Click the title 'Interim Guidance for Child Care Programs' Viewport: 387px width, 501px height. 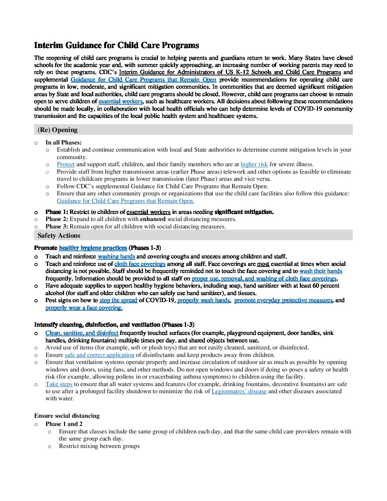pyautogui.click(x=116, y=46)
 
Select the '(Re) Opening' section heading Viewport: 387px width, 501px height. pyautogui.click(x=57, y=130)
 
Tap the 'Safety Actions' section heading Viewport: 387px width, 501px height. pyautogui.click(x=59, y=236)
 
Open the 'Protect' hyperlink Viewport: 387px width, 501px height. pyautogui.click(x=65, y=164)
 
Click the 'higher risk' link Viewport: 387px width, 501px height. pyautogui.click(x=254, y=164)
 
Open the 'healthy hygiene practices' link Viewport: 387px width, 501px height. pyautogui.click(x=93, y=248)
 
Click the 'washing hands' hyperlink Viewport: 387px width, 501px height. pyautogui.click(x=116, y=257)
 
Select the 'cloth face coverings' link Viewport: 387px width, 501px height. pyautogui.click(x=140, y=264)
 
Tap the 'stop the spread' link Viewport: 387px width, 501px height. pyautogui.click(x=118, y=300)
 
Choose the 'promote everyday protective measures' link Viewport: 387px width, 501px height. pyautogui.click(x=283, y=300)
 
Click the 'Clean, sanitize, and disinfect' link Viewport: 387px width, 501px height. pyautogui.click(x=82, y=333)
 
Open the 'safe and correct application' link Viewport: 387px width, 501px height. pyautogui.click(x=99, y=355)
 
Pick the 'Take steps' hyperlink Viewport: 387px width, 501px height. pyautogui.click(x=59, y=384)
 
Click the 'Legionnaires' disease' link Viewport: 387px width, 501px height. pyautogui.click(x=239, y=391)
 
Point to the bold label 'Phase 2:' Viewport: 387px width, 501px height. pyautogui.click(x=57, y=219)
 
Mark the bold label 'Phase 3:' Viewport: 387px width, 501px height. pyautogui.click(x=57, y=227)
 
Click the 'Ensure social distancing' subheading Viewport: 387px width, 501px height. pyautogui.click(x=67, y=416)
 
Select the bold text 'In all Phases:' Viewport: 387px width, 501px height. pyautogui.click(x=63, y=143)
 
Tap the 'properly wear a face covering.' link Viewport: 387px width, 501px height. pyautogui.click(x=84, y=308)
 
